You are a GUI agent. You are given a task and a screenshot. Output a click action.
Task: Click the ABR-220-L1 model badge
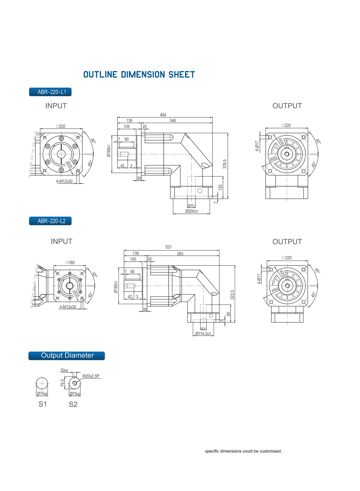(50, 92)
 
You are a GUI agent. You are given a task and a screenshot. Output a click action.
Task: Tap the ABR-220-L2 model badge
(50, 221)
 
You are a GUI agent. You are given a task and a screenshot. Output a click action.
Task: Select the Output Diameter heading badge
(67, 355)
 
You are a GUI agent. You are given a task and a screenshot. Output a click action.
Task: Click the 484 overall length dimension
(163, 115)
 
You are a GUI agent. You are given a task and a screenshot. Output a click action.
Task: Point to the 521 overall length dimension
(169, 247)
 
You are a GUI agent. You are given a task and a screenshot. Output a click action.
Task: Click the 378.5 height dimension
(225, 164)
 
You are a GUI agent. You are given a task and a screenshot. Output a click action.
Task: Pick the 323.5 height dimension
(232, 294)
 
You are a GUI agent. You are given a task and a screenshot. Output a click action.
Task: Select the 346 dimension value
(173, 121)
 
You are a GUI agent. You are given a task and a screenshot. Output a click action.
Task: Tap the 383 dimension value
(180, 254)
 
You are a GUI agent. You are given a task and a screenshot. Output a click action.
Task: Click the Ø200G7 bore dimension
(191, 211)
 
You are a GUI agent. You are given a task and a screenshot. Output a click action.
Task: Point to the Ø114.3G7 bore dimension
(203, 334)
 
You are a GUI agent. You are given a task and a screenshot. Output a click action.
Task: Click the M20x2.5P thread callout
(91, 376)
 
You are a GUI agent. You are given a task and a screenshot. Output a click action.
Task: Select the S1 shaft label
(43, 404)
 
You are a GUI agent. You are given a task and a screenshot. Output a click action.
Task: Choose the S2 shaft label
(73, 404)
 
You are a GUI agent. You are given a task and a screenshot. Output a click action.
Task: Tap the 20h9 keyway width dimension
(64, 371)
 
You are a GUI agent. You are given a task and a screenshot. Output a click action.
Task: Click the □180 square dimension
(70, 262)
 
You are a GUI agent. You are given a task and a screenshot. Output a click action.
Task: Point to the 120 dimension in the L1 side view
(220, 187)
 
